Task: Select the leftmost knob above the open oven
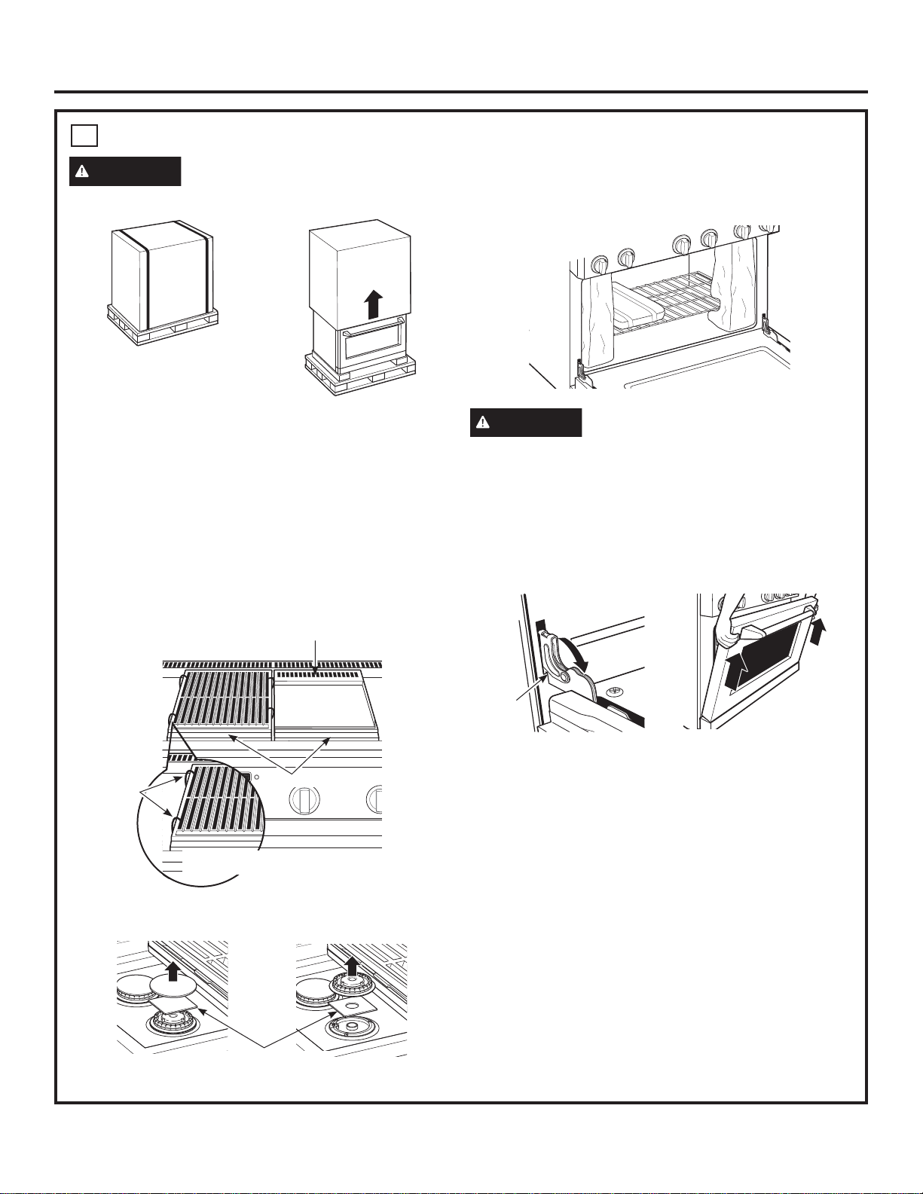click(601, 264)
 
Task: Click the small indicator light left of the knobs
click(258, 778)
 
